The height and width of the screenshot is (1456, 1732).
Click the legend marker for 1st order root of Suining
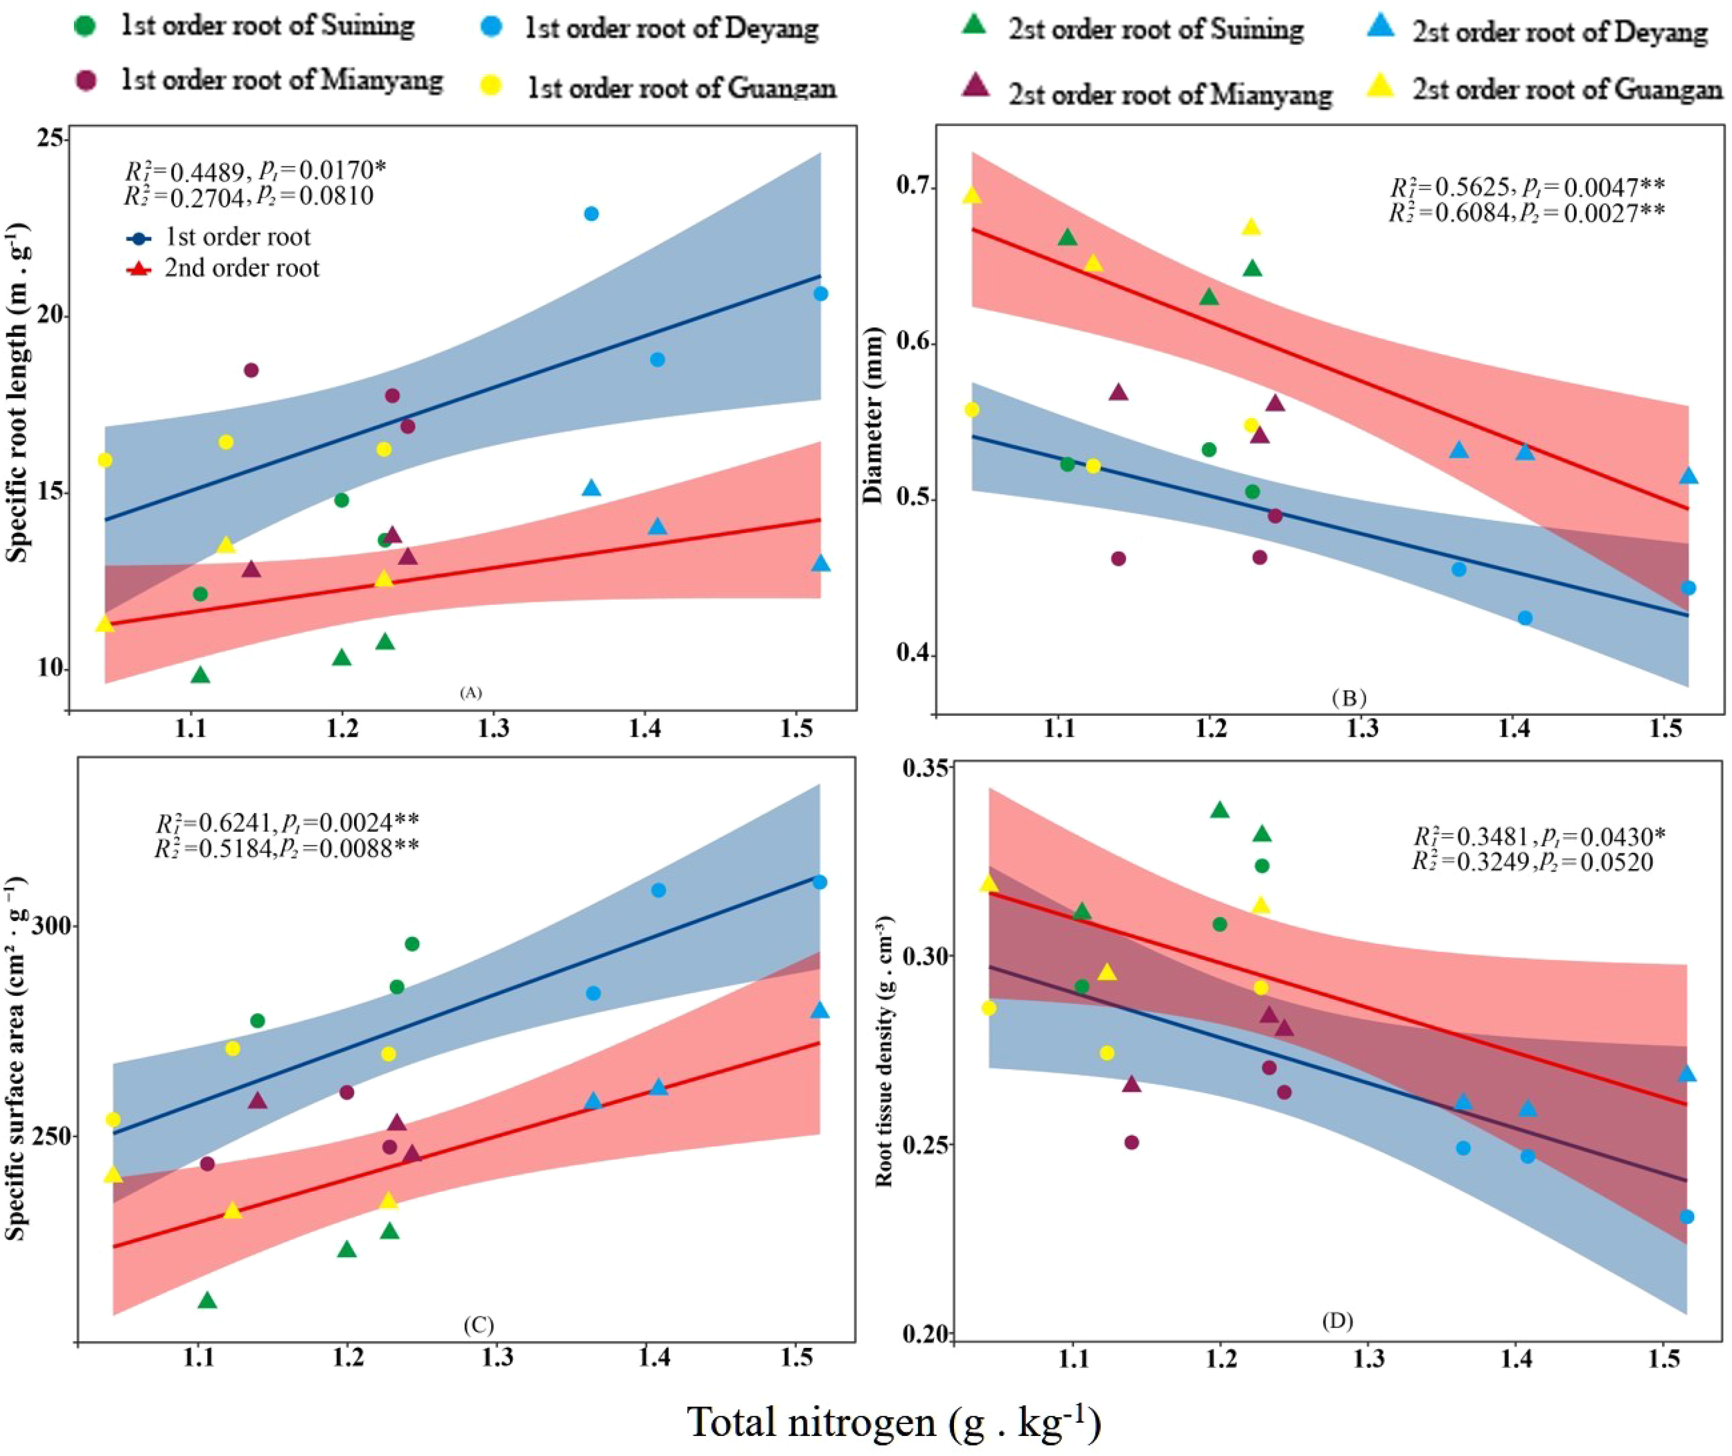click(x=85, y=26)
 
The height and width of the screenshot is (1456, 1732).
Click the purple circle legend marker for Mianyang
click(x=85, y=80)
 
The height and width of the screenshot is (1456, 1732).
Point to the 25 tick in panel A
click(x=51, y=138)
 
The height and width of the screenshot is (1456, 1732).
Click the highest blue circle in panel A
click(x=591, y=213)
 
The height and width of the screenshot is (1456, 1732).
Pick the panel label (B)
click(x=1348, y=699)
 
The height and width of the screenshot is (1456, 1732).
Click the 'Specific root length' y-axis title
click(x=18, y=392)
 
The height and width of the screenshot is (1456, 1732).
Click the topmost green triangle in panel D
click(x=1219, y=809)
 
